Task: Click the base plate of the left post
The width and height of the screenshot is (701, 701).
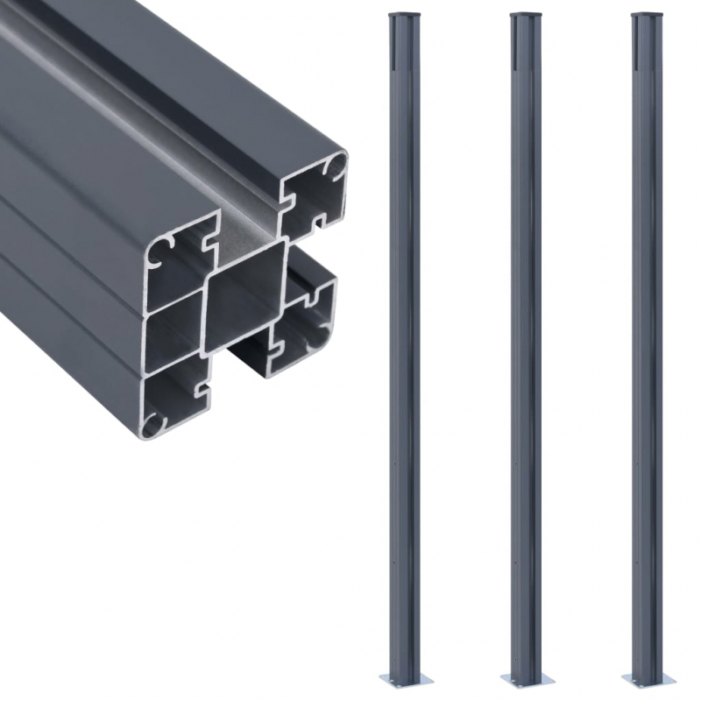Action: [x=399, y=679]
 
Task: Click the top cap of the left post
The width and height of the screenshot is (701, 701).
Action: [x=399, y=15]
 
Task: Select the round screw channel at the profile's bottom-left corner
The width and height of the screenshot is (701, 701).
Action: [x=155, y=422]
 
